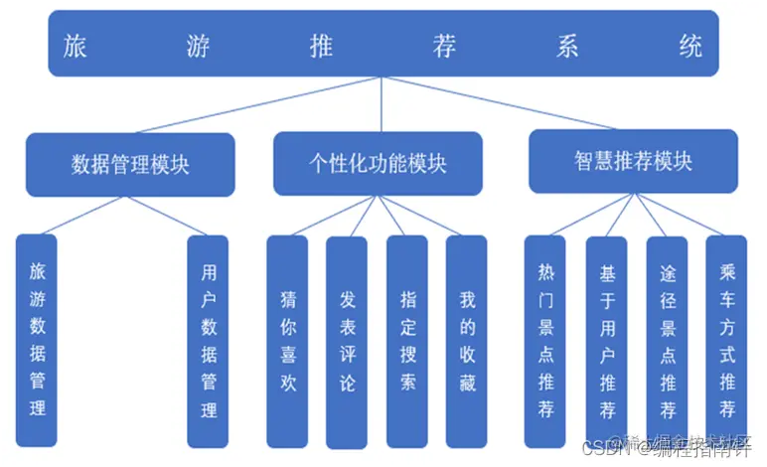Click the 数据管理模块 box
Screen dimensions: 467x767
click(x=130, y=164)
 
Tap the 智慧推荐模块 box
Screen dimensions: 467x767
click(x=632, y=160)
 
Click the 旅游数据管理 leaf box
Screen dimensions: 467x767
click(x=37, y=339)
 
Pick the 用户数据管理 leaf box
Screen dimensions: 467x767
click(x=209, y=339)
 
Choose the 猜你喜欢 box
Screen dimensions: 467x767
click(x=288, y=340)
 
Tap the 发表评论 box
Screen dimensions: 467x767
click(x=347, y=340)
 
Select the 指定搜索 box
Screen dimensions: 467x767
click(x=407, y=340)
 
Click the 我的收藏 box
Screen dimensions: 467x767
click(x=467, y=340)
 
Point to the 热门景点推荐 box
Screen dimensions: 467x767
click(x=545, y=340)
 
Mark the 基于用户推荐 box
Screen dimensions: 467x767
click(x=606, y=340)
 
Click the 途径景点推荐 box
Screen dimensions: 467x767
click(x=667, y=340)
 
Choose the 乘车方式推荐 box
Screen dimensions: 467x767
click(x=726, y=340)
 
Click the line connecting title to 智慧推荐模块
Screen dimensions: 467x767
click(x=507, y=105)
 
